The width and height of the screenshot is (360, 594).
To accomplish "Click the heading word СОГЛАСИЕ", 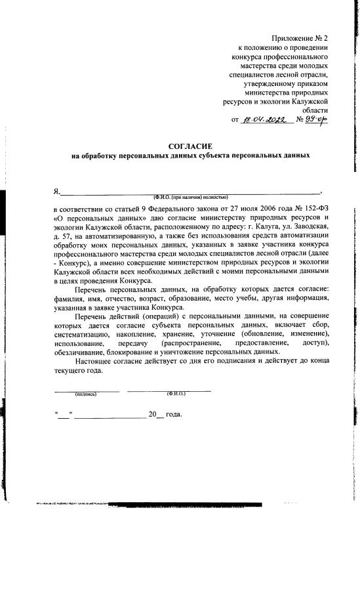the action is pos(190,145).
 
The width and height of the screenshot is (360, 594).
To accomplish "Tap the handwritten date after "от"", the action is pos(266,121).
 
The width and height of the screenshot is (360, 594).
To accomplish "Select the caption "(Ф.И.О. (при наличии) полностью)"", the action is pos(190,198).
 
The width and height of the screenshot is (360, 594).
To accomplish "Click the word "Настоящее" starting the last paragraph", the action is pos(96,362).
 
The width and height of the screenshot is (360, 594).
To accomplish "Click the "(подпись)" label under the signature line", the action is pos(86,394).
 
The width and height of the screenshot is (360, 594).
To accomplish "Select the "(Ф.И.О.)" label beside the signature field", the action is pos(176,394).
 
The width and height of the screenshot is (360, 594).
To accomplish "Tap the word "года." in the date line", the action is pos(173,415).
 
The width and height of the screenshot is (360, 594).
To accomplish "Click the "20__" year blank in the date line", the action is pos(155,415).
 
